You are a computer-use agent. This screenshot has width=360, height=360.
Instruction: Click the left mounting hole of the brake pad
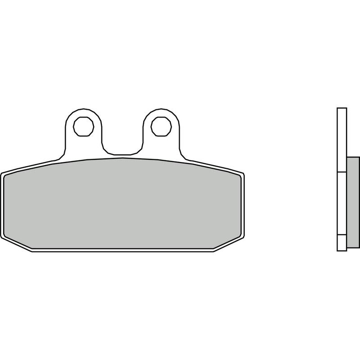84,126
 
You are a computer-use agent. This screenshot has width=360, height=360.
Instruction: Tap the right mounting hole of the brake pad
162,126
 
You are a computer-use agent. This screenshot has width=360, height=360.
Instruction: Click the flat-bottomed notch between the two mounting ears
122,153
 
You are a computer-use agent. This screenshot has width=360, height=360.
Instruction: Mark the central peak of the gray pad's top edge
122,158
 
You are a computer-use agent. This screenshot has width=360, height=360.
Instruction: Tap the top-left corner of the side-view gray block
347,157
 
